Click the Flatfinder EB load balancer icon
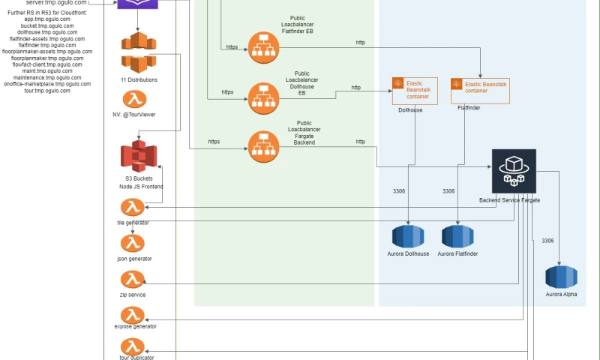point(263,47)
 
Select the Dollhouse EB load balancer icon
point(263,98)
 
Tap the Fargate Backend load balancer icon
point(263,146)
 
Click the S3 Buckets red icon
point(138,155)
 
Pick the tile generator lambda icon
point(132,208)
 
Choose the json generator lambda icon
point(132,243)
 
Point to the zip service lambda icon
point(132,279)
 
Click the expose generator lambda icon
point(133,314)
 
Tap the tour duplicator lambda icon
point(133,346)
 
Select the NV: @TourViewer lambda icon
point(136,99)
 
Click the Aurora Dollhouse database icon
point(407,235)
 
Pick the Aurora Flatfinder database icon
point(457,235)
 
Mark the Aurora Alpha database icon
point(561,277)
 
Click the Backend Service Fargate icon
point(514,171)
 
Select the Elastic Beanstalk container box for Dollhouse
point(415,91)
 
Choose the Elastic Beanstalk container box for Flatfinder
point(480,91)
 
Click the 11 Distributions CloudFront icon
point(139,52)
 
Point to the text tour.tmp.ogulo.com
point(47,91)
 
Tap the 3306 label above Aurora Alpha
point(547,241)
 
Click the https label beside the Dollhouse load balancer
point(227,92)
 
